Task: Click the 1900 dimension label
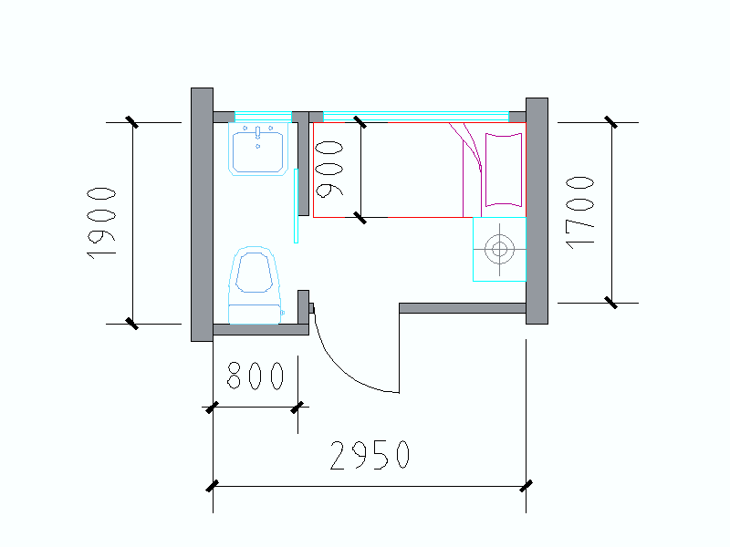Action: click(x=101, y=222)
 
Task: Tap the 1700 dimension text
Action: click(x=579, y=212)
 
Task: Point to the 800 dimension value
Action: click(x=255, y=376)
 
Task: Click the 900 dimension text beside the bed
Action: click(x=329, y=169)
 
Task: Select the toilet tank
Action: click(x=255, y=313)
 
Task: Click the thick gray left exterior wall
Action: click(x=202, y=214)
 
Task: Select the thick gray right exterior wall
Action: click(x=537, y=211)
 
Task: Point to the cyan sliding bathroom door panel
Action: click(x=297, y=205)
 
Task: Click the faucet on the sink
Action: click(x=259, y=133)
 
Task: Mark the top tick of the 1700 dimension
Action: click(x=610, y=122)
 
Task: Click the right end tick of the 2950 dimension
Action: click(x=526, y=486)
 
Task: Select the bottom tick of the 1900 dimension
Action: click(x=132, y=323)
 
